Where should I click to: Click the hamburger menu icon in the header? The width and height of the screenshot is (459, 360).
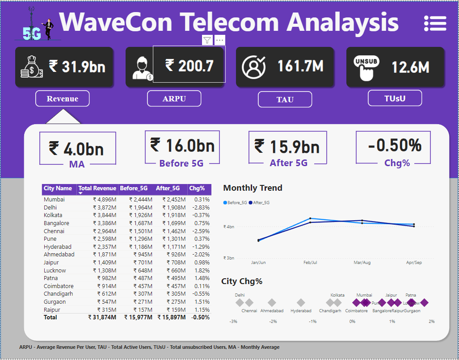click(x=435, y=22)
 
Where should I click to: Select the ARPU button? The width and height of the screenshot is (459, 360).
click(x=174, y=99)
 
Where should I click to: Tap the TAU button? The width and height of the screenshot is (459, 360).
click(x=285, y=100)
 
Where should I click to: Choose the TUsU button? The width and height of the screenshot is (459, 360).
click(x=395, y=98)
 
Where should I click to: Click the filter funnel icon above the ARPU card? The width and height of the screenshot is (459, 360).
click(x=207, y=40)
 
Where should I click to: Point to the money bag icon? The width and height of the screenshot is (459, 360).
click(x=31, y=67)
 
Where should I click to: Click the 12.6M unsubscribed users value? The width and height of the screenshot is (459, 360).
click(x=410, y=67)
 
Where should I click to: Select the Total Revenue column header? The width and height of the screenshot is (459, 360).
click(x=97, y=188)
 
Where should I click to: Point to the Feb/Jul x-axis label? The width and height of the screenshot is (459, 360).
click(x=310, y=263)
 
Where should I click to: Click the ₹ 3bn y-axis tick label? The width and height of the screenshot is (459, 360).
click(x=228, y=258)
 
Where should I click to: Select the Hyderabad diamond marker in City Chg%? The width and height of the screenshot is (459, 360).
click(x=301, y=302)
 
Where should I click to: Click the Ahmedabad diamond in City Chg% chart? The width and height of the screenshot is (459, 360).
click(x=272, y=302)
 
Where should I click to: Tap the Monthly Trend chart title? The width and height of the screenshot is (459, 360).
click(x=253, y=188)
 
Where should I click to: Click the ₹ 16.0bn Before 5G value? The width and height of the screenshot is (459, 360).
click(x=182, y=146)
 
